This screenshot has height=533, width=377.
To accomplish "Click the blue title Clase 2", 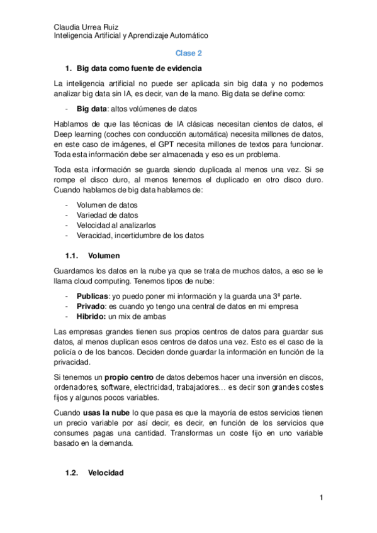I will pyautogui.click(x=188, y=54).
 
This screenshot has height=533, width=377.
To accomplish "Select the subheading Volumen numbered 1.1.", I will pyautogui.click(x=103, y=256).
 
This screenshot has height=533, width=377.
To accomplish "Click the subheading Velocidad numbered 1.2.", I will pyautogui.click(x=106, y=473).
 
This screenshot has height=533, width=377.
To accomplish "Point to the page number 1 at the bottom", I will pyautogui.click(x=321, y=498).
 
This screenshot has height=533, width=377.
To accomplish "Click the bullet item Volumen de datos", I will pyautogui.click(x=107, y=206).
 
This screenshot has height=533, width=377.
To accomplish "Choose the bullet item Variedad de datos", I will pyautogui.click(x=107, y=216).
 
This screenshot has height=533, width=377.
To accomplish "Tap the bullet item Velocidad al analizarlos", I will pyautogui.click(x=116, y=226).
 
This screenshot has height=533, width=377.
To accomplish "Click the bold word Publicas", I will pyautogui.click(x=92, y=296).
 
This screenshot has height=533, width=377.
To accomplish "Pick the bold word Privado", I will pyautogui.click(x=91, y=306).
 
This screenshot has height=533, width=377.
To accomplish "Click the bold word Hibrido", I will pyautogui.click(x=91, y=316).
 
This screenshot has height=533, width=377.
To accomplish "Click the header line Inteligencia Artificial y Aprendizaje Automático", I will pyautogui.click(x=131, y=37).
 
